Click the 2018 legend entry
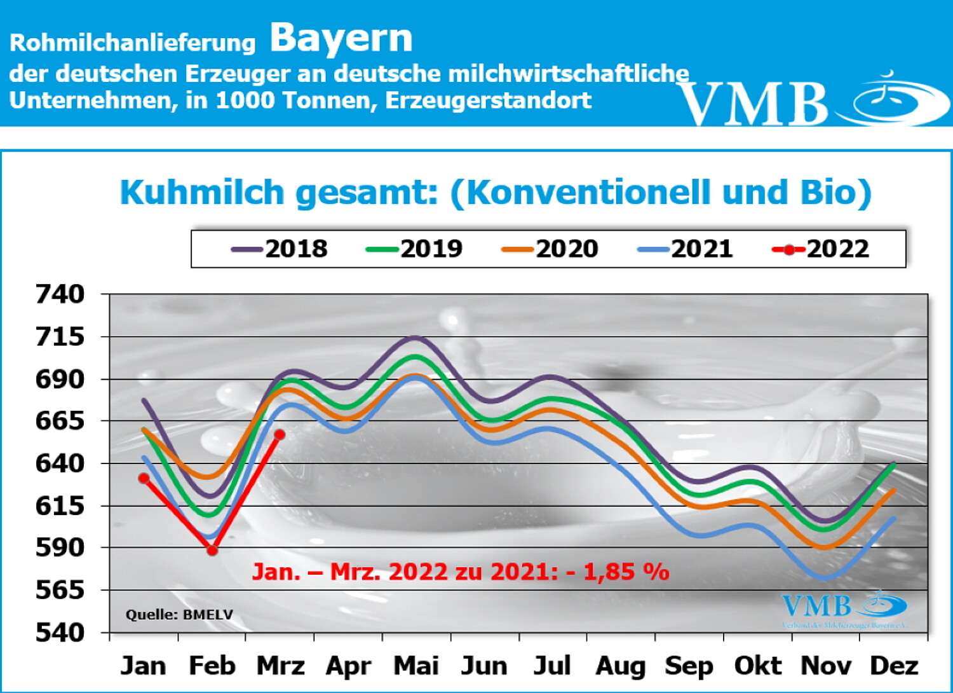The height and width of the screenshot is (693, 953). click(x=280, y=249)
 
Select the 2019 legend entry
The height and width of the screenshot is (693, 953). click(x=415, y=249)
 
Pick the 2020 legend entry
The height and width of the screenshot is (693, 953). click(x=551, y=249)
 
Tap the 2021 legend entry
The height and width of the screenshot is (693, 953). click(x=686, y=249)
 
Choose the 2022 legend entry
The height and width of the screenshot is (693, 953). click(x=821, y=249)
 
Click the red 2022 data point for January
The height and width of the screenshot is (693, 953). click(x=144, y=478)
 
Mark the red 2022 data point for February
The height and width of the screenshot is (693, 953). click(x=212, y=550)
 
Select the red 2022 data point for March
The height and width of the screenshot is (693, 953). click(x=280, y=435)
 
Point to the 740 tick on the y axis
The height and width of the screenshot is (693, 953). click(x=60, y=294)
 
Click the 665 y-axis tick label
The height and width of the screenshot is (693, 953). click(x=60, y=421)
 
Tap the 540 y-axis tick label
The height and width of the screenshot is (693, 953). click(x=60, y=633)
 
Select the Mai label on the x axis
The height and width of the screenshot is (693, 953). click(x=416, y=666)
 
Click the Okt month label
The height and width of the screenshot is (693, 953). click(x=757, y=666)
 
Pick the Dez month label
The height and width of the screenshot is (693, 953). click(x=894, y=666)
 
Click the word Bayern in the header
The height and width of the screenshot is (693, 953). click(x=341, y=38)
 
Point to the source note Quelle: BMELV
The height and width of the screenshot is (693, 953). click(x=179, y=615)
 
